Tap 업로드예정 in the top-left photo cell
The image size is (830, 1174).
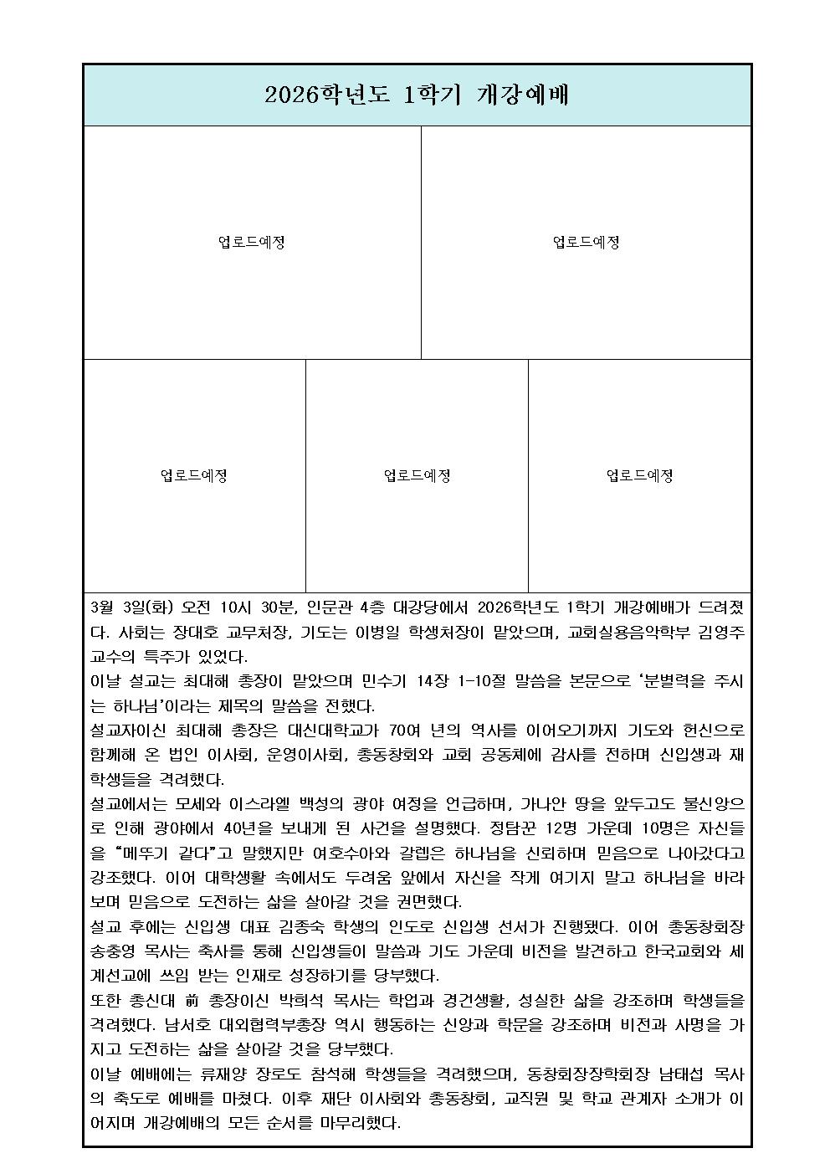click(x=251, y=243)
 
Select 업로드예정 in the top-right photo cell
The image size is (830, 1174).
click(x=586, y=243)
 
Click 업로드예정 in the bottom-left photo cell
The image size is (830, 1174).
click(x=194, y=476)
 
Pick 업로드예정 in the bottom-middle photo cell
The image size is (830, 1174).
click(x=417, y=476)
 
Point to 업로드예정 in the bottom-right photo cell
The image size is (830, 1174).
click(x=639, y=476)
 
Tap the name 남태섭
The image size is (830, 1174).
click(x=669, y=1074)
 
